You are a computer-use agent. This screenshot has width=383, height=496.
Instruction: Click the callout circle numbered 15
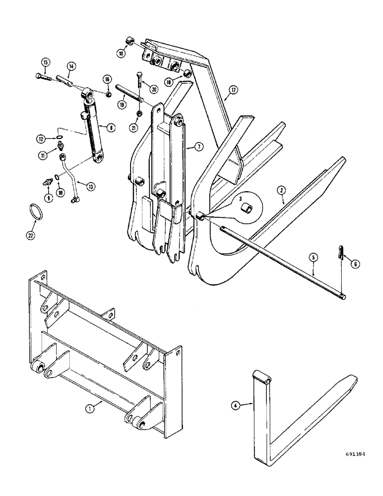click(x=46, y=62)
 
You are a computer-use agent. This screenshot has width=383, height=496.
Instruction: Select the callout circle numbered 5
click(x=313, y=257)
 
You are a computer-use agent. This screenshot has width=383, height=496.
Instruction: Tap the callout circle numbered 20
click(x=153, y=90)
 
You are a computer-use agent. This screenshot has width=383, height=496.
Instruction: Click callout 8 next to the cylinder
click(x=111, y=127)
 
